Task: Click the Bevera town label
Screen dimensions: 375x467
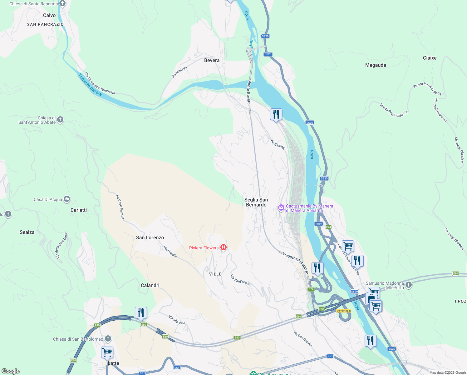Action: click(x=212, y=60)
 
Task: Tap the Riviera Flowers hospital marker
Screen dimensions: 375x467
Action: click(x=224, y=247)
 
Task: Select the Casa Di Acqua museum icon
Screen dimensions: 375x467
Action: click(x=67, y=199)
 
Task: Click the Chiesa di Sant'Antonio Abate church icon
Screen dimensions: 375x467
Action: click(x=60, y=119)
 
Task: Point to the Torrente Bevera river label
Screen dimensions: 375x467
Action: click(x=90, y=85)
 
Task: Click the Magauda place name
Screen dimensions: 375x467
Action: click(x=376, y=65)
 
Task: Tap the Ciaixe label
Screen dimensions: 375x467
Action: click(x=430, y=58)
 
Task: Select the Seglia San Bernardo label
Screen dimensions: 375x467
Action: click(x=256, y=202)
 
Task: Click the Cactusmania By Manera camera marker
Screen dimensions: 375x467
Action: click(x=281, y=207)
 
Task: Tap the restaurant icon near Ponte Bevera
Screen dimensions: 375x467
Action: click(x=276, y=114)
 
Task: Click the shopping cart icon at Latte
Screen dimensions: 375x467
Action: click(x=107, y=352)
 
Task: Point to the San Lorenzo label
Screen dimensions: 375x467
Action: click(x=150, y=237)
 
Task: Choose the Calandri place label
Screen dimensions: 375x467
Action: click(x=150, y=285)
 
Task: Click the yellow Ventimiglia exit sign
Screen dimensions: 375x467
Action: click(x=343, y=311)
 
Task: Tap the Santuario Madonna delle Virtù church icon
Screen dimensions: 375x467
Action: click(x=409, y=285)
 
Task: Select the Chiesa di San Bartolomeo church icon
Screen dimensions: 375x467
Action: click(x=108, y=339)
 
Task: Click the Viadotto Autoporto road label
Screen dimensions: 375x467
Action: click(x=295, y=263)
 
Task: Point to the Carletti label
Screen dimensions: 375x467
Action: click(x=79, y=210)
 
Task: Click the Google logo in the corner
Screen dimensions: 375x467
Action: click(x=10, y=371)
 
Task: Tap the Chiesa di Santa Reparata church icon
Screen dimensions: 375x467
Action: click(x=63, y=4)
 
